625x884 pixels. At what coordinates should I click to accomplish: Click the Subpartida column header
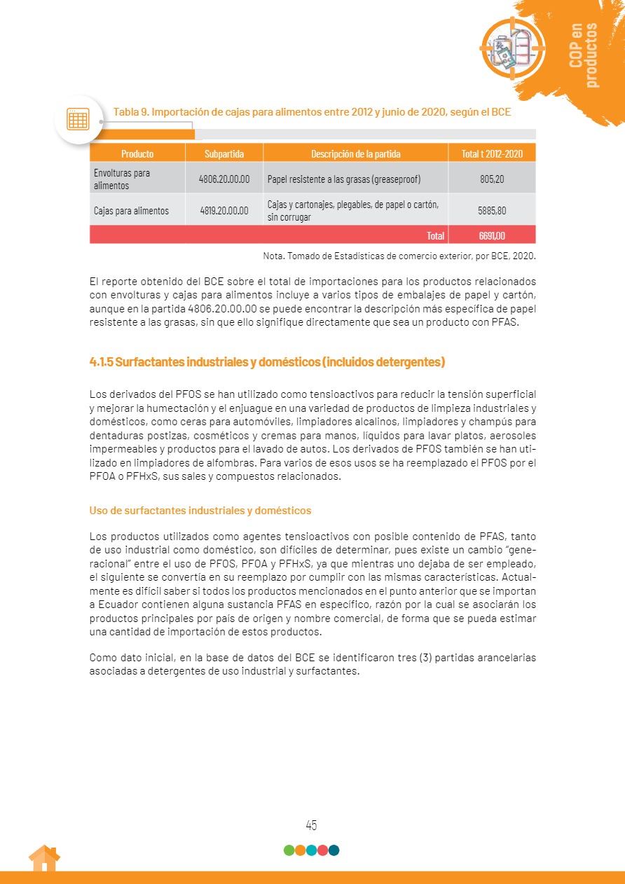pos(224,153)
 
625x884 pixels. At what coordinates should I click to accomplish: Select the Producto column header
pos(137,153)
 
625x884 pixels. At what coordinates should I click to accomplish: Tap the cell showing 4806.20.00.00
pos(224,179)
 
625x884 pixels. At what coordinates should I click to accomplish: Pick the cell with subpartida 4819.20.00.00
pos(224,210)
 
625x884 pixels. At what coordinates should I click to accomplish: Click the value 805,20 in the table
pos(492,179)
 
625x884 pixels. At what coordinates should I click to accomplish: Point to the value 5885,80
pos(492,210)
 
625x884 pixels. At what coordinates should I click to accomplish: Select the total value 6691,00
pos(492,235)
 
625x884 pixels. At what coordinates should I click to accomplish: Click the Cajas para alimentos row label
pos(132,210)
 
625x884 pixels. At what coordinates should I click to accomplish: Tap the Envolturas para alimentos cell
pos(123,179)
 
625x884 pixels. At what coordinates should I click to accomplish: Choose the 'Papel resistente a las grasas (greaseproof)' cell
pos(344,179)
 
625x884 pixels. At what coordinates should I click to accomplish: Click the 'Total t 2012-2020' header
pos(492,153)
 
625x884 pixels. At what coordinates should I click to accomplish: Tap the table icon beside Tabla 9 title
pos(77,119)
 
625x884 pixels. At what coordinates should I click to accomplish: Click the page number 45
pos(312,825)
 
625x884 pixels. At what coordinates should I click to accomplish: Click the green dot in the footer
pos(289,850)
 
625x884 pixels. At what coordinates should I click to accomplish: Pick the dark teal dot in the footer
pos(334,850)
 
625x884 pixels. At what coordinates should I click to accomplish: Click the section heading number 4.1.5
pos(102,362)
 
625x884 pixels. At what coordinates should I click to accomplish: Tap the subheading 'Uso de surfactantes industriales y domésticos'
pos(200,510)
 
